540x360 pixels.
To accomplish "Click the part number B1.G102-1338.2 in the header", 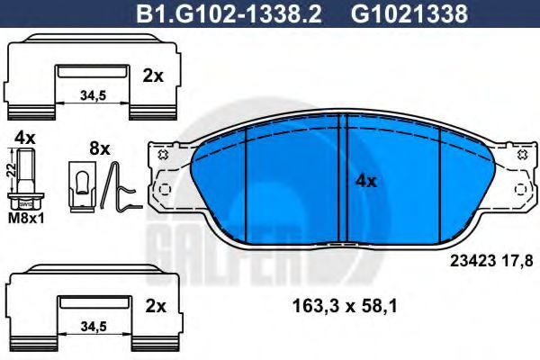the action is click(x=229, y=13).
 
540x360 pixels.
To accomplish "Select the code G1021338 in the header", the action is click(x=409, y=13).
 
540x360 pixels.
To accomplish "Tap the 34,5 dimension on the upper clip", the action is click(x=93, y=95).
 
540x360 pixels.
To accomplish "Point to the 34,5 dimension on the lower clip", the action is click(x=94, y=326).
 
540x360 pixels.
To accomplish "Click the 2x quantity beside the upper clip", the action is click(x=153, y=76).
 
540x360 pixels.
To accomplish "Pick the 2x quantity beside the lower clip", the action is click(x=156, y=306).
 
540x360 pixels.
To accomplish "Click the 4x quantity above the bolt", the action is click(x=25, y=138).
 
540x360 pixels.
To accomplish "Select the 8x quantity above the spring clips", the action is click(x=100, y=148).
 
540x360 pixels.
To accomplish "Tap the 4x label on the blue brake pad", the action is click(x=366, y=181).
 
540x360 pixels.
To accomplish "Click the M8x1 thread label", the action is click(x=26, y=218).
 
